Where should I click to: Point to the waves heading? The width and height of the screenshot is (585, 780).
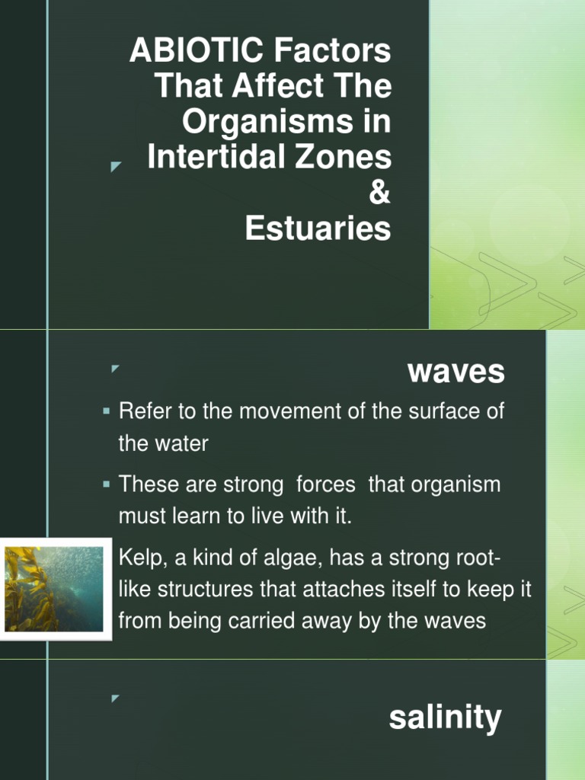coord(456,372)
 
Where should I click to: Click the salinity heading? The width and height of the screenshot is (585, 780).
coord(445,718)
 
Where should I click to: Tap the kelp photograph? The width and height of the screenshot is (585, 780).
coord(54,589)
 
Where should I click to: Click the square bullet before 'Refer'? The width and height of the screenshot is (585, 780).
coord(107,413)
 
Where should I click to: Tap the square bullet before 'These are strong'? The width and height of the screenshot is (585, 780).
coord(107,484)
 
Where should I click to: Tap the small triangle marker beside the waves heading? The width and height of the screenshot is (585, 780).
coord(116,369)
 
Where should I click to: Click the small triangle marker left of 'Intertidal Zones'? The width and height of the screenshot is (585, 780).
coord(116,165)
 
